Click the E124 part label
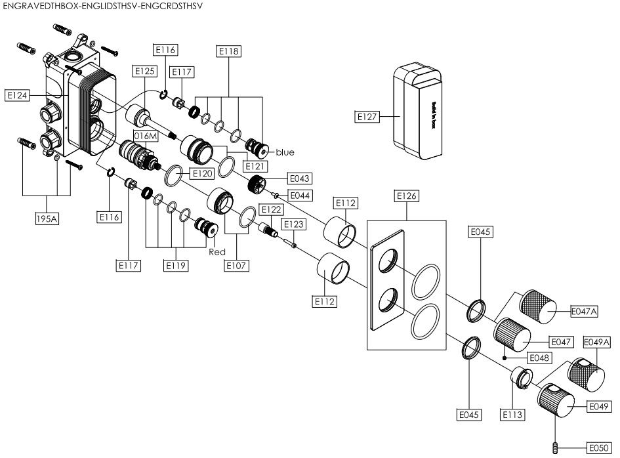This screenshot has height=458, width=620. (17, 96)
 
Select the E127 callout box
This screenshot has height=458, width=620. (366, 117)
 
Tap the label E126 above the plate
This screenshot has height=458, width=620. (406, 196)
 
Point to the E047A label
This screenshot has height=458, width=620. (584, 312)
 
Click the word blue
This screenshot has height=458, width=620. (285, 152)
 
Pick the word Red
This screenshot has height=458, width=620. (217, 252)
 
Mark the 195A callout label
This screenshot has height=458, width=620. (47, 219)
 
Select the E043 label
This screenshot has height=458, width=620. (299, 178)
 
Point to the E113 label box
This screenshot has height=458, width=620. (512, 415)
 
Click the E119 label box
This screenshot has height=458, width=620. (176, 266)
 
